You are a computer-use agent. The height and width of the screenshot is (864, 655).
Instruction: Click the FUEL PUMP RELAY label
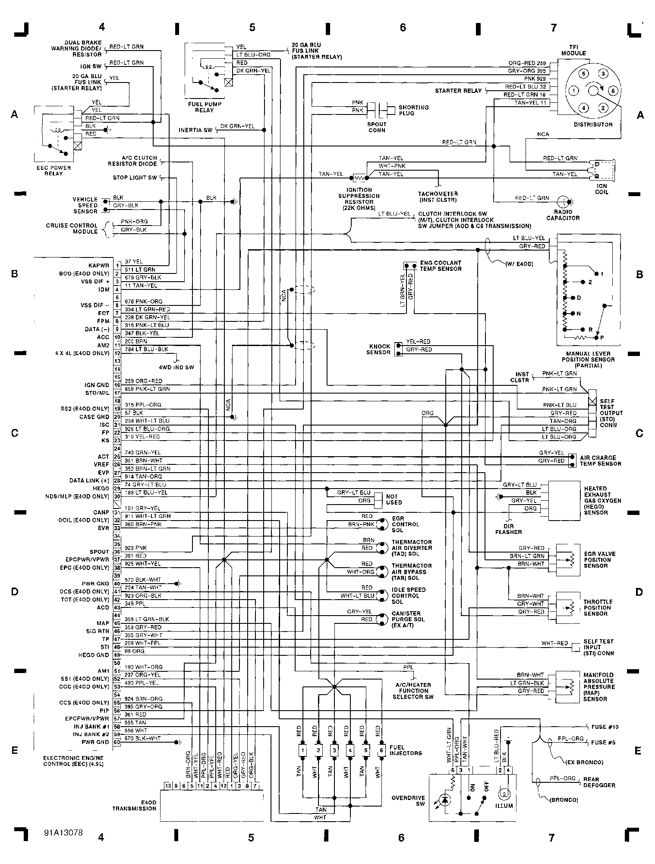[204, 107]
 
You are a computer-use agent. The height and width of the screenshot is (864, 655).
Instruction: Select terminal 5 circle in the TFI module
[583, 74]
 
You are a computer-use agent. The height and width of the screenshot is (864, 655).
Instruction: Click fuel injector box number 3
[334, 750]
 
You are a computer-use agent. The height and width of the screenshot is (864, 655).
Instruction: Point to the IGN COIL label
[601, 189]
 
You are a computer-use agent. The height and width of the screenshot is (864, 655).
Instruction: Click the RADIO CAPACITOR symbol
[563, 202]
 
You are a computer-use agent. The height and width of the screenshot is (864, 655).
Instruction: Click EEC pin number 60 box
[117, 742]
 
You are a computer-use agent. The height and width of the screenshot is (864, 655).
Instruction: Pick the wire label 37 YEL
[133, 261]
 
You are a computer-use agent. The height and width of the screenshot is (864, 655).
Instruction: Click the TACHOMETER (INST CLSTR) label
[438, 197]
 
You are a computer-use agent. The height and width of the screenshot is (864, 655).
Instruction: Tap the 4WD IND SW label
[176, 367]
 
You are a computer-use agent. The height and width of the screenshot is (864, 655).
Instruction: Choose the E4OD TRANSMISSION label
[134, 805]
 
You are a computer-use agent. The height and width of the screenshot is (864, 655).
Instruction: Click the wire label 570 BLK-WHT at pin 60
[142, 738]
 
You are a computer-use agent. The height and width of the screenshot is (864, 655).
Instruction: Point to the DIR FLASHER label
[509, 529]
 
